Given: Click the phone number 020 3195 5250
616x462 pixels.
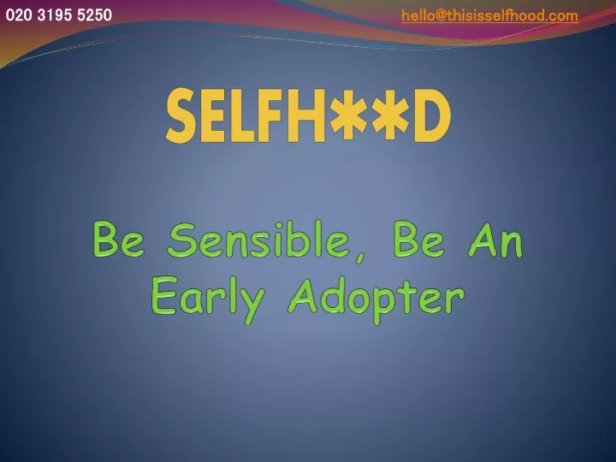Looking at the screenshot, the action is coord(59,15).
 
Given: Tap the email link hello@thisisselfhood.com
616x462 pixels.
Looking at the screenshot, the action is coord(489,15).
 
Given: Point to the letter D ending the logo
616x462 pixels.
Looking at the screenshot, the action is coord(431,115).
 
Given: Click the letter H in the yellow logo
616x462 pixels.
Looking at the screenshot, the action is coord(307,115).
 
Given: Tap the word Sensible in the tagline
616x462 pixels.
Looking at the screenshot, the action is coord(258,240).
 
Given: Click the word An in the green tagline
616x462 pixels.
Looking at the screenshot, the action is coord(495,240).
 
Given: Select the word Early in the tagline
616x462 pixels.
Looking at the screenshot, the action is coord(208,299).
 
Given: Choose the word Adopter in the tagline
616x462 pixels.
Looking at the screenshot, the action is coord(376,300).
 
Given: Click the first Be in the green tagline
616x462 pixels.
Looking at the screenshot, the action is coord(119,240).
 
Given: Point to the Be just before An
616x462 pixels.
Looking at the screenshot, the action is coord(419,240).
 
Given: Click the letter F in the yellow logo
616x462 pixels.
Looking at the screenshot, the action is coord(271,115).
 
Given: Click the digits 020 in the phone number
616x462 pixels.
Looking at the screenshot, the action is coord(19,15).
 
